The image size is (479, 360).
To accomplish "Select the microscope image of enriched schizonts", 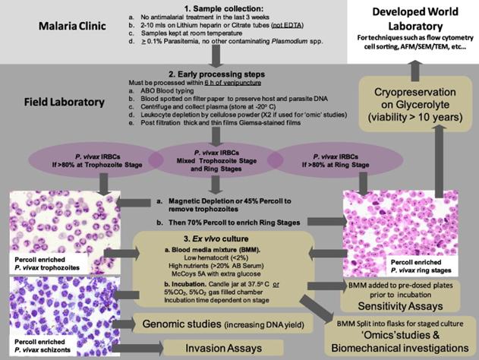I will (x=51, y=311).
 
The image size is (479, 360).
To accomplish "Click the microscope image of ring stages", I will (x=390, y=221).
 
